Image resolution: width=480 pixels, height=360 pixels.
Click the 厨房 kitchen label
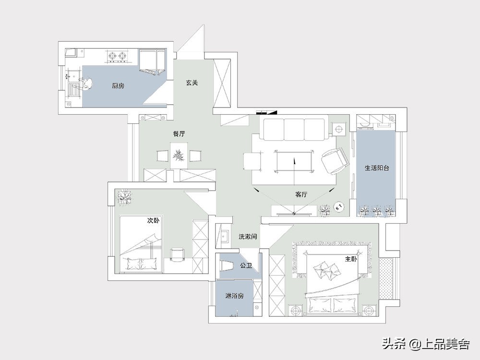coord(118,86)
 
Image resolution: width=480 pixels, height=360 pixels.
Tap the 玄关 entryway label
coord(192,83)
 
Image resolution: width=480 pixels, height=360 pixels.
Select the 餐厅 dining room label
coord(179,134)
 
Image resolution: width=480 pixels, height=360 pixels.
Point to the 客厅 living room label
coord(301,194)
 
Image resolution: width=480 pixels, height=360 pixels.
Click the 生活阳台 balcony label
coord(377,168)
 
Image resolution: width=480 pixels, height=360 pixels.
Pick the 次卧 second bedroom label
coord(154,220)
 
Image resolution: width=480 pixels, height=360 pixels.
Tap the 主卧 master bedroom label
coord(351,259)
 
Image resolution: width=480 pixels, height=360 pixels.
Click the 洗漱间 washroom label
coord(248,237)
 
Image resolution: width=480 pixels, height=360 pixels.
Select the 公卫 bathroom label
coord(246,265)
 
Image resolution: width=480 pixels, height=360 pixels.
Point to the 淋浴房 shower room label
coord(235,296)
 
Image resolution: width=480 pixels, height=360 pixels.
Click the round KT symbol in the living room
coord(339,207)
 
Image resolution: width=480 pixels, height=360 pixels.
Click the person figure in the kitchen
coord(87,84)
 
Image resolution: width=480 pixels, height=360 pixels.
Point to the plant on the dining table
coord(179,155)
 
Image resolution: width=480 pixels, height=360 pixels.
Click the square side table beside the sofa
coord(339,129)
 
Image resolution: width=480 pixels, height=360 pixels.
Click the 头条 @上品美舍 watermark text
coord(426,344)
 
